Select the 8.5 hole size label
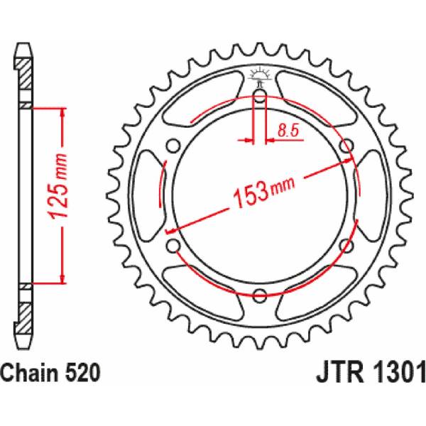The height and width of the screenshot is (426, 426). tap(288, 130)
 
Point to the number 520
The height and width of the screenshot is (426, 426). tap(81, 373)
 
